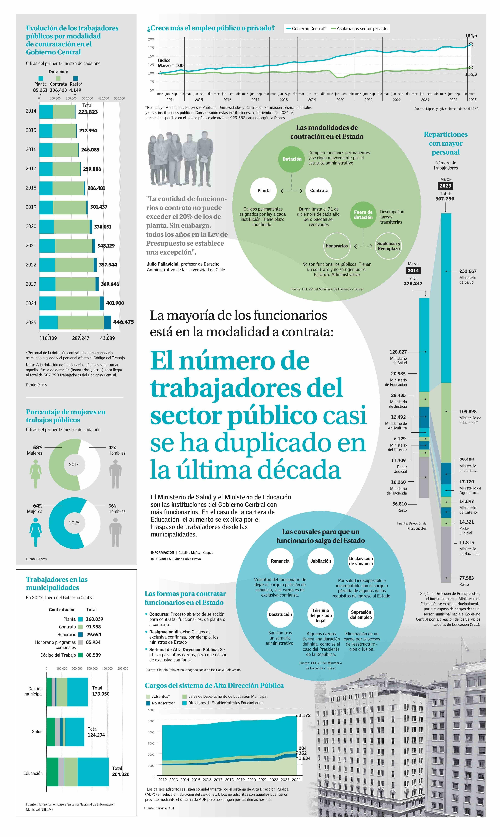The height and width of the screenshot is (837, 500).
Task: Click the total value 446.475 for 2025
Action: [123, 322]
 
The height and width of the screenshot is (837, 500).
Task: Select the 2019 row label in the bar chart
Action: [31, 207]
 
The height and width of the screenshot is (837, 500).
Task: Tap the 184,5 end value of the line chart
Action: [471, 35]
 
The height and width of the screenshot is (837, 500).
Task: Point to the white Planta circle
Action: [264, 190]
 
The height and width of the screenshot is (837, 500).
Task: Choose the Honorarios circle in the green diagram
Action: [336, 246]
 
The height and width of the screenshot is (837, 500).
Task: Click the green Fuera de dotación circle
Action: [363, 215]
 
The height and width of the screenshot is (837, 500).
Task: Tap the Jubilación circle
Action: [320, 561]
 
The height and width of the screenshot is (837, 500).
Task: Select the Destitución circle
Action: [280, 614]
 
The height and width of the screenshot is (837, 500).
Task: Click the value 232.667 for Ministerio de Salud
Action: [468, 271]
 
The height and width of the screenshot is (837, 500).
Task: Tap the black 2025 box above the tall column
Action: [445, 186]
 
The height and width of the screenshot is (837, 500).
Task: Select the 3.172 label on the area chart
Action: [305, 715]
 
